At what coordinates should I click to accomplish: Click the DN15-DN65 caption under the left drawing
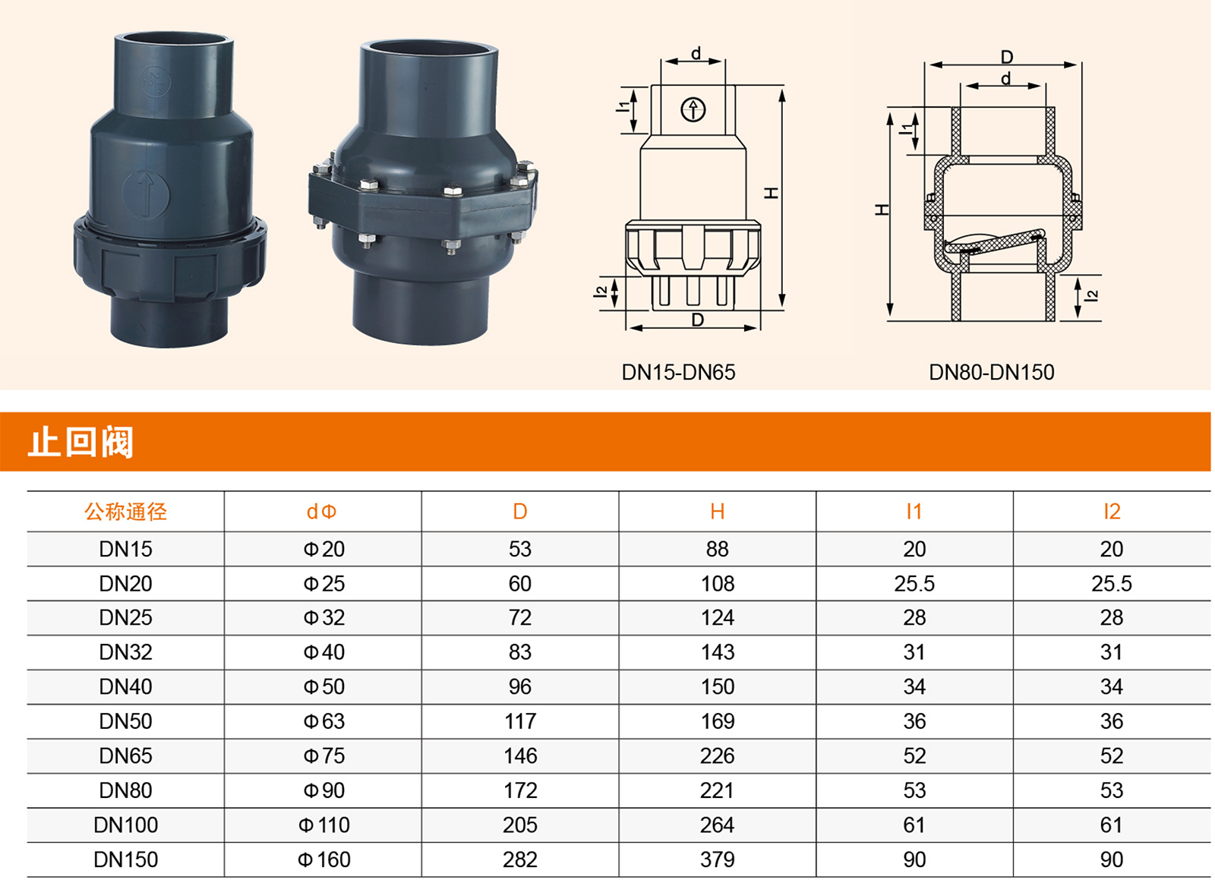click(678, 373)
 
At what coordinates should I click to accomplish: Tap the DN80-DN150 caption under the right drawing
click(991, 373)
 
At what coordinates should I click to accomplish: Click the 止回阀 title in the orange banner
click(80, 442)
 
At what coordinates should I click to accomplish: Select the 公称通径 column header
click(125, 511)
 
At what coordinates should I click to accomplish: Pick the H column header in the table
click(717, 511)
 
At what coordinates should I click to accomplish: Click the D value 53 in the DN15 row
click(519, 549)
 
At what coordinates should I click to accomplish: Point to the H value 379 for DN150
click(717, 859)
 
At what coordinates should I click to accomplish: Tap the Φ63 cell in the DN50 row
click(323, 721)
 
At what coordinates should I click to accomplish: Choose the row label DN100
click(125, 825)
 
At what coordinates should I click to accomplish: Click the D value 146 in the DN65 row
click(520, 756)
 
